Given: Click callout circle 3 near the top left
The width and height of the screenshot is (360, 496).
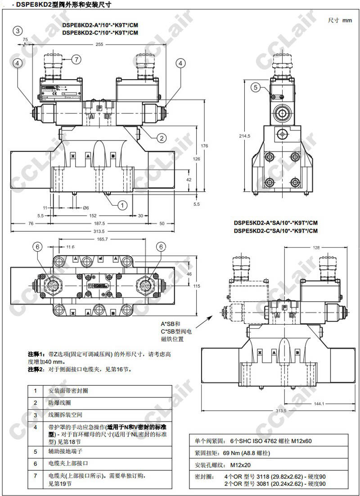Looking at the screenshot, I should coord(18,31).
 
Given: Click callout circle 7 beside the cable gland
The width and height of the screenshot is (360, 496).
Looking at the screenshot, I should coord(76,59).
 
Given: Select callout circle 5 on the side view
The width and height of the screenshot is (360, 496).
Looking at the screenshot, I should coord(256,87).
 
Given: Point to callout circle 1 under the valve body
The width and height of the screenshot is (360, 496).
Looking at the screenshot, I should coord(122,205).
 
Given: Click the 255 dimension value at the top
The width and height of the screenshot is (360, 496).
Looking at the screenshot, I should coord(99,45).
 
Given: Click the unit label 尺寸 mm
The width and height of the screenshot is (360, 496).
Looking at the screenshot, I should coord(340,20).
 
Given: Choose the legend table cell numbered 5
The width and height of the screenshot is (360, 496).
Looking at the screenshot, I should coord(35,451).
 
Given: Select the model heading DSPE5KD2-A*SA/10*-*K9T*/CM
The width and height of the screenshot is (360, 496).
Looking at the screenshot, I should coord(275,223).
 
